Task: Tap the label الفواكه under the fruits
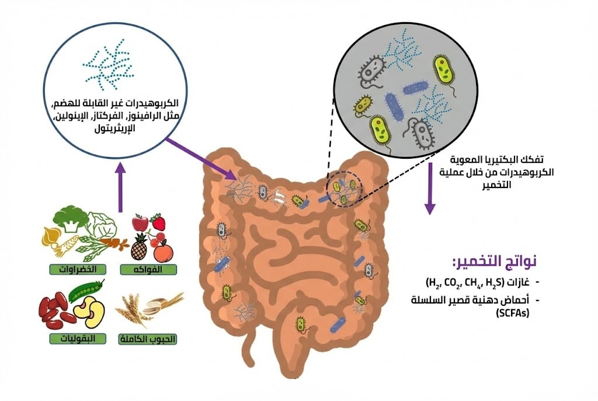click(x=148, y=269)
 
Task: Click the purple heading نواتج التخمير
click(x=493, y=261)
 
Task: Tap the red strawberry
click(x=158, y=222)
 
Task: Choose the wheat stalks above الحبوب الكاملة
click(x=135, y=309)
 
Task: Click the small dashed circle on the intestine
click(x=343, y=190)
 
